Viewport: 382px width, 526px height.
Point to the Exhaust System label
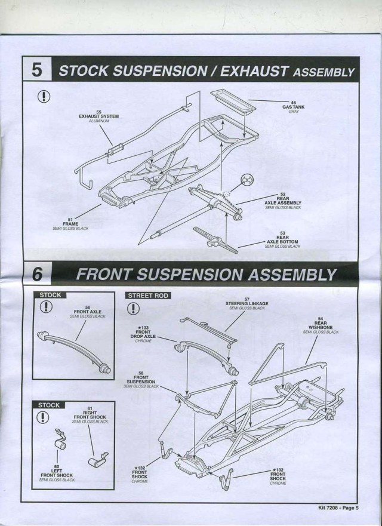pyautogui.click(x=98, y=116)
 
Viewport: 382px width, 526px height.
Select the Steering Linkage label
pyautogui.click(x=247, y=304)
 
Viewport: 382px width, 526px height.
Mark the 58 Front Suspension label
pyautogui.click(x=140, y=380)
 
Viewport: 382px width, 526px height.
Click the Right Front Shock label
pyautogui.click(x=89, y=416)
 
